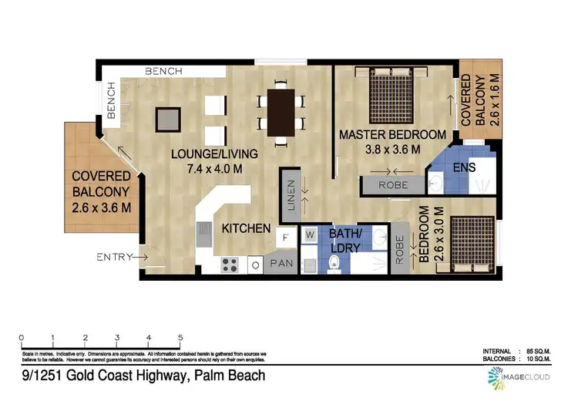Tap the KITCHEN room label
point(246,228)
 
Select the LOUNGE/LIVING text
point(214,154)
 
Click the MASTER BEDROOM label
point(392,135)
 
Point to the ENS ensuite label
point(464,167)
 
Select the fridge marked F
point(285,238)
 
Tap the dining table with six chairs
point(280,112)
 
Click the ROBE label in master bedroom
point(392,186)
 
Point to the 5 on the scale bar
point(180,338)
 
